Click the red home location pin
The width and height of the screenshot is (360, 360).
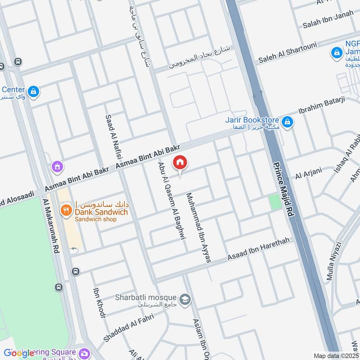coord(180,163)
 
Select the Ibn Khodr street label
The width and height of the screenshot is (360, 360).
coord(99,303)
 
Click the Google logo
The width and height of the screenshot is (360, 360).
coord(19,353)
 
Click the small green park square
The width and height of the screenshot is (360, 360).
coord(274,202)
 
